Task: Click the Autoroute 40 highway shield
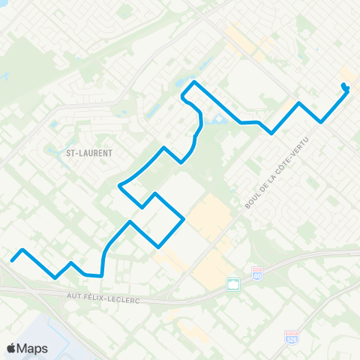click(x=257, y=274)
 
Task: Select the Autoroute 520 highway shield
click(x=290, y=338)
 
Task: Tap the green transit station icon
click(x=233, y=284)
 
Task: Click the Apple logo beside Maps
click(x=12, y=348)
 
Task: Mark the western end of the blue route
click(x=12, y=261)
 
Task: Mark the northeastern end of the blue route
click(x=343, y=85)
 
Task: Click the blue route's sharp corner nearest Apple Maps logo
click(x=55, y=277)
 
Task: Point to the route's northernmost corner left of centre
click(x=195, y=81)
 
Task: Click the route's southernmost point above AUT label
click(x=100, y=275)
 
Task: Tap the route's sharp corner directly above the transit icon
click(x=184, y=218)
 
